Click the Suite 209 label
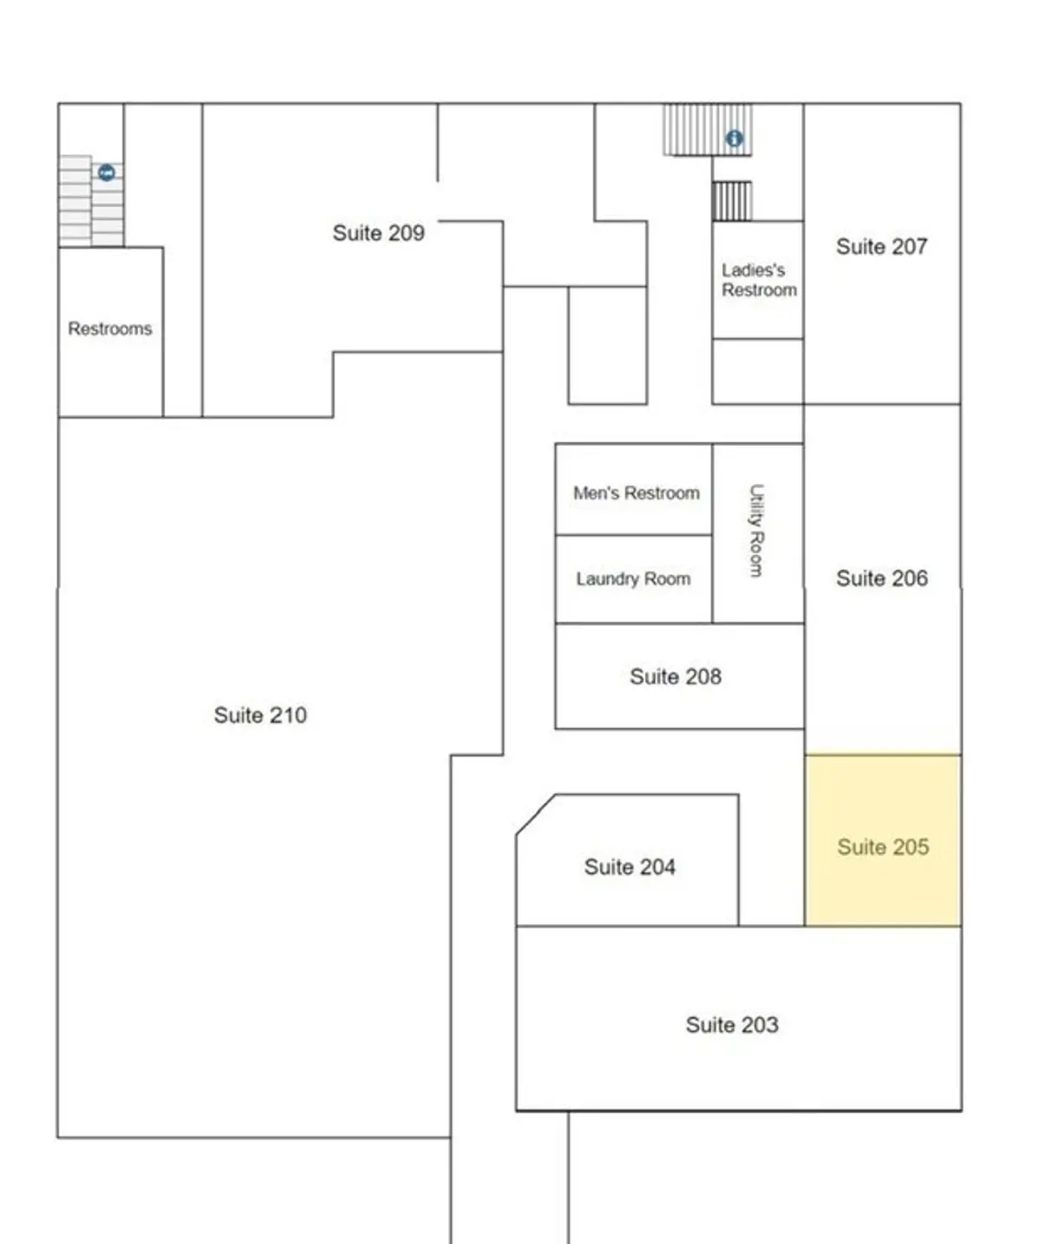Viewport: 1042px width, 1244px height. (378, 233)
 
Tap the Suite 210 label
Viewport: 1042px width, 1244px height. (260, 715)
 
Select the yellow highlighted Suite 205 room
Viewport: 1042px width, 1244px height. (882, 840)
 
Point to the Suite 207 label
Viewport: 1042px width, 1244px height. (881, 247)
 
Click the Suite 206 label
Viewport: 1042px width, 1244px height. (882, 578)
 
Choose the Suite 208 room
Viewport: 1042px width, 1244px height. (679, 676)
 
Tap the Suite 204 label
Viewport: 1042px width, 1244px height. (630, 867)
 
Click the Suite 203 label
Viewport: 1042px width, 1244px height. (732, 1025)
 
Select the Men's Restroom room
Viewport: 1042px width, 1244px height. (634, 489)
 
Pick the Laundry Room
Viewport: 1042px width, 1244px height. (634, 579)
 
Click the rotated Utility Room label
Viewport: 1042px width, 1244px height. (756, 530)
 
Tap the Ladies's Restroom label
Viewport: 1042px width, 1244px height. (759, 280)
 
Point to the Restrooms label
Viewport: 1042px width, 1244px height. (110, 328)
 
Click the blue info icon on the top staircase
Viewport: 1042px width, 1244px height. (734, 139)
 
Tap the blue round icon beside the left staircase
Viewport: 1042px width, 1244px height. (107, 173)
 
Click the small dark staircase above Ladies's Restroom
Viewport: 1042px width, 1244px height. (732, 202)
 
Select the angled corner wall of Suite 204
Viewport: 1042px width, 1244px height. (537, 815)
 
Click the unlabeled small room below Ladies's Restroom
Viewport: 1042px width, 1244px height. (757, 372)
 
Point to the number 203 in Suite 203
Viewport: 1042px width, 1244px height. (757, 1025)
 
